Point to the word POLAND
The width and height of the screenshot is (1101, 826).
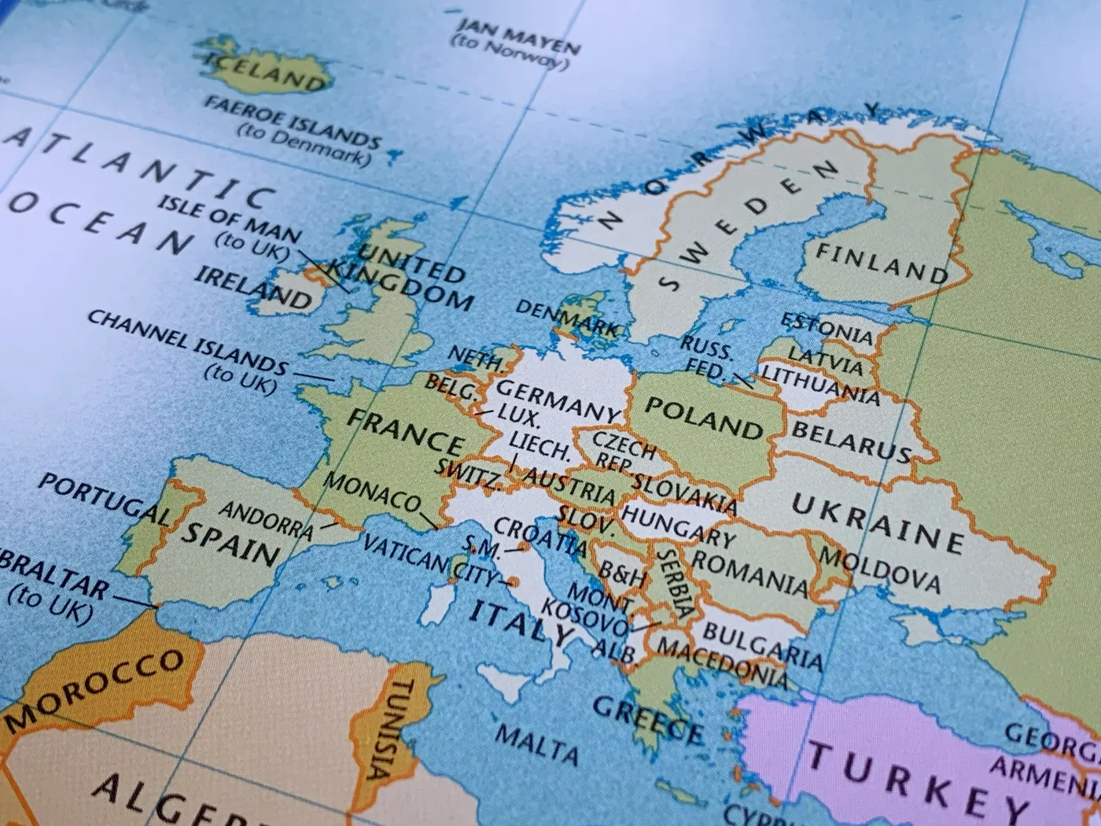point(704,417)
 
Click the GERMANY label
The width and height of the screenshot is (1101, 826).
point(558,400)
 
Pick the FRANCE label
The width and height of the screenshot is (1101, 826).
point(404,431)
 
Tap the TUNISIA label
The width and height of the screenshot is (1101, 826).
point(391,728)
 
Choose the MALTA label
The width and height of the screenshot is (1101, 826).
point(537,743)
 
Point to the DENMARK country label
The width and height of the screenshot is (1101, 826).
point(566,316)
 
